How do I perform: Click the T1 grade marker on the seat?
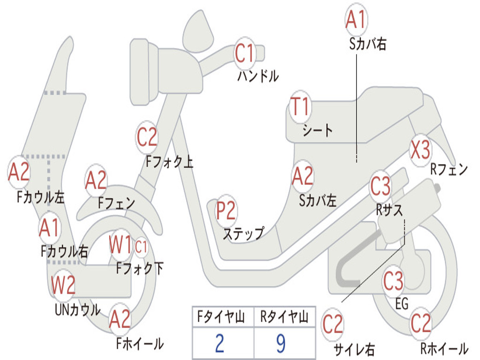pyautogui.click(x=300, y=107)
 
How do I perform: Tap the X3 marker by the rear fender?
pyautogui.click(x=420, y=150)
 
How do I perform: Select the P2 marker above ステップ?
pyautogui.click(x=226, y=210)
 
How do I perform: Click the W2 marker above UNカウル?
pyautogui.click(x=63, y=285)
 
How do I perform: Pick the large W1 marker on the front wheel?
pyautogui.click(x=120, y=245)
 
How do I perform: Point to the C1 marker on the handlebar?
pyautogui.click(x=245, y=53)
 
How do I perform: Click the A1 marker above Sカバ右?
pyautogui.click(x=356, y=19)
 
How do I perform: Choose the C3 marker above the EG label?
pyautogui.click(x=393, y=281)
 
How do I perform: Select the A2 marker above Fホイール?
pyautogui.click(x=120, y=319)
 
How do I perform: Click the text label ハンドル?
pyautogui.click(x=258, y=76)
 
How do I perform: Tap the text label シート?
pyautogui.click(x=317, y=130)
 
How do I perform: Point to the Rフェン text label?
pyautogui.click(x=449, y=169)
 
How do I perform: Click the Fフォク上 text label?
pyautogui.click(x=169, y=161)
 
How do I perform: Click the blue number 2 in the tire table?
pyautogui.click(x=219, y=343)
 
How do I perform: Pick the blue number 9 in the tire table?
pyautogui.click(x=281, y=343)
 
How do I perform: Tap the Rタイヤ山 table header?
pyautogui.click(x=285, y=317)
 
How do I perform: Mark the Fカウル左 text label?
pyautogui.click(x=41, y=197)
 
